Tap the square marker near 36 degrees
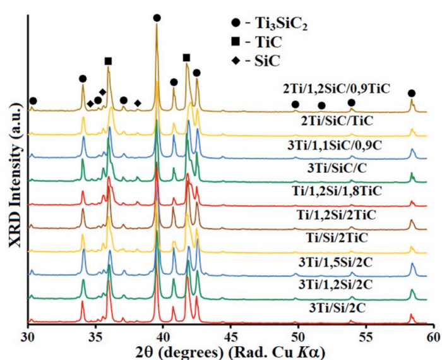tap(108, 61)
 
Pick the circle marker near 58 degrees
tap(412, 93)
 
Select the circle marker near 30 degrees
tap(33, 101)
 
